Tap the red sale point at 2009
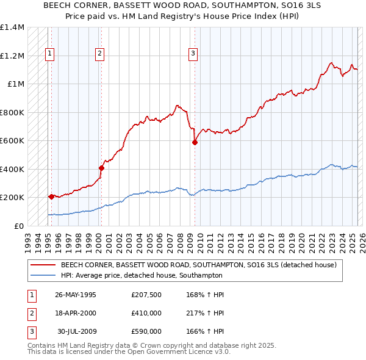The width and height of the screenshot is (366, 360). tap(195, 143)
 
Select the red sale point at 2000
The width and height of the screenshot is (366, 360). tap(101, 168)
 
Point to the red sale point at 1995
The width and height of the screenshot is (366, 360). tap(52, 196)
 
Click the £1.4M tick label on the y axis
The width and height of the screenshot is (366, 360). tap(12, 27)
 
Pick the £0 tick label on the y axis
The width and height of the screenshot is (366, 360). tap(20, 226)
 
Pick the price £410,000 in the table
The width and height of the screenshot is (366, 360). tap(146, 314)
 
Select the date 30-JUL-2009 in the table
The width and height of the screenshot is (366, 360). tap(76, 331)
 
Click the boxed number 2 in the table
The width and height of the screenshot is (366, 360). tap(30, 314)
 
